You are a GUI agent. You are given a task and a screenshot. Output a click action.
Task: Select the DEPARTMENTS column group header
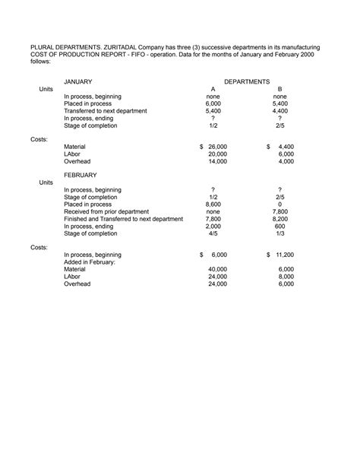pos(247,81)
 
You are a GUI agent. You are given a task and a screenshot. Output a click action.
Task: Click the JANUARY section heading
pos(79,81)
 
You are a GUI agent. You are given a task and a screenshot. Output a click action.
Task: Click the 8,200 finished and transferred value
pos(280,219)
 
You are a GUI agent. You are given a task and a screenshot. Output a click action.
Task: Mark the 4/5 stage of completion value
pos(213,234)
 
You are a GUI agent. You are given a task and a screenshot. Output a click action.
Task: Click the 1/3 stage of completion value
pos(280,234)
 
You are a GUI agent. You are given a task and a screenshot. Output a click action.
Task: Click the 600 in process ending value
pos(280,227)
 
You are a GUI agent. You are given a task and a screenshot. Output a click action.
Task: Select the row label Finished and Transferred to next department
pos(123,219)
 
